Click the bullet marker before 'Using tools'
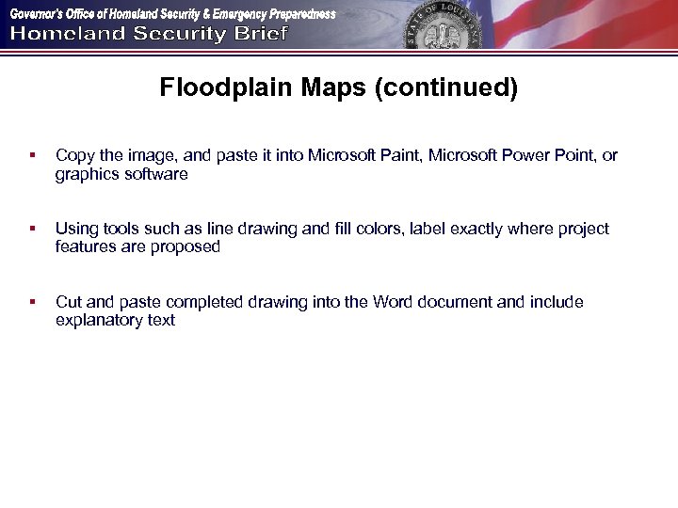tap(32, 229)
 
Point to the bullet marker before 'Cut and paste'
tap(32, 302)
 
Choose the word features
tap(87, 247)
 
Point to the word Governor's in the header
tap(39, 14)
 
